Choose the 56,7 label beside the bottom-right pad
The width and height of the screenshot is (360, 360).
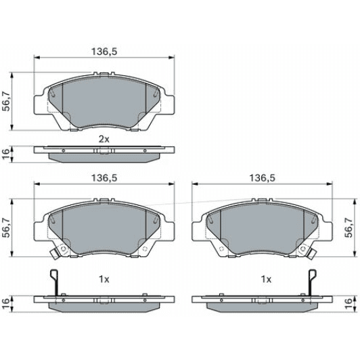(348, 228)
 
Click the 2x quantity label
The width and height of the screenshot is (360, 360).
(104, 139)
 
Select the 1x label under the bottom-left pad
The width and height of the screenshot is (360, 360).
(104, 279)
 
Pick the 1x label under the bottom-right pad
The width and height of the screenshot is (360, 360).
(266, 279)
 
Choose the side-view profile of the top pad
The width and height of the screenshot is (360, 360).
(104, 153)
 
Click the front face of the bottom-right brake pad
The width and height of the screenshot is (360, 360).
(263, 227)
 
